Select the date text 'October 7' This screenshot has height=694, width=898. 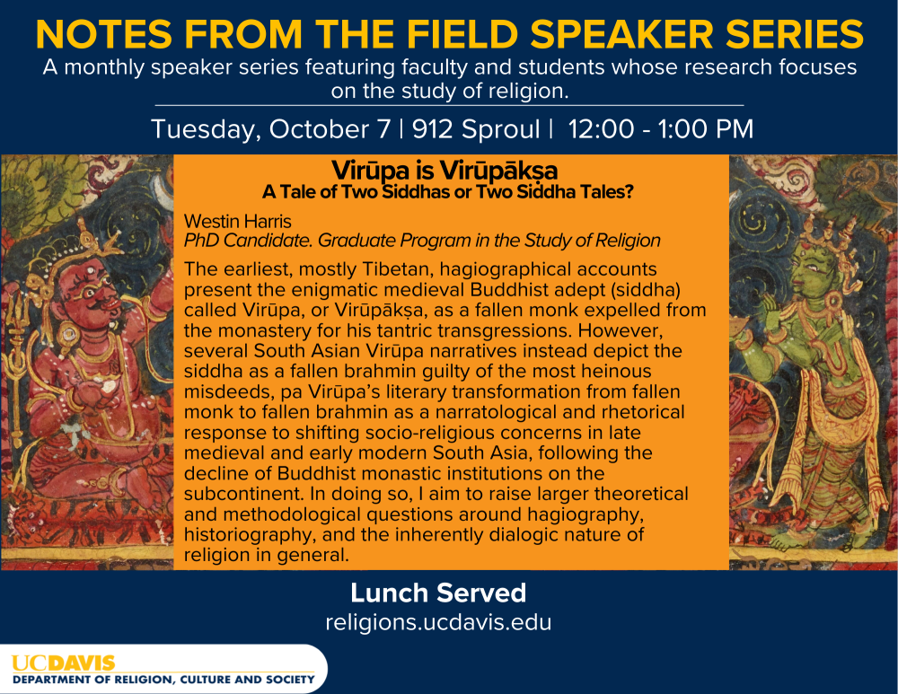330,129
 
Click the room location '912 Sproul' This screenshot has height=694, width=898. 476,129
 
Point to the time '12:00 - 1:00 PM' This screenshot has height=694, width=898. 661,129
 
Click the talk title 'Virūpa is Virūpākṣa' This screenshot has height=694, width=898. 445,171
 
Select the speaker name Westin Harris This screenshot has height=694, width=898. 238,222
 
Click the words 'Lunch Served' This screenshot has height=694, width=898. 438,593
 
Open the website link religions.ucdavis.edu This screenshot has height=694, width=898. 438,622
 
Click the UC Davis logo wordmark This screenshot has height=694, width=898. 64,663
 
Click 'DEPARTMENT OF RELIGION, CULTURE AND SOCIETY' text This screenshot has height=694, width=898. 163,680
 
